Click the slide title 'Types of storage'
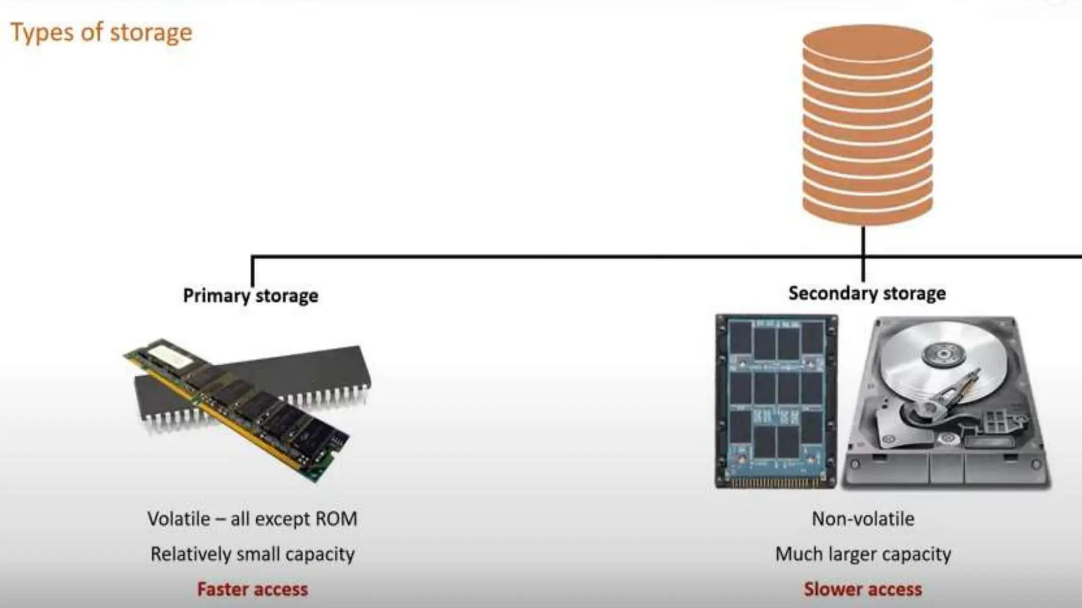pyautogui.click(x=101, y=33)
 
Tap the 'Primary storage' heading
pyautogui.click(x=250, y=296)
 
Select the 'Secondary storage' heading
pyautogui.click(x=867, y=293)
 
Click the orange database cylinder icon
pyautogui.click(x=867, y=124)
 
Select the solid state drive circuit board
pyautogui.click(x=776, y=401)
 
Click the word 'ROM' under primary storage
pyautogui.click(x=336, y=519)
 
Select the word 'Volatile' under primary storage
pyautogui.click(x=179, y=519)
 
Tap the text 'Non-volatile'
pyautogui.click(x=863, y=519)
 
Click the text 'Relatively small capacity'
pyautogui.click(x=253, y=554)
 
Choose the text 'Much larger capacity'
pyautogui.click(x=863, y=554)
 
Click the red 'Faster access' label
pyautogui.click(x=253, y=590)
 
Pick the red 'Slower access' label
pyautogui.click(x=863, y=590)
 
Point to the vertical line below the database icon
pyautogui.click(x=863, y=253)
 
